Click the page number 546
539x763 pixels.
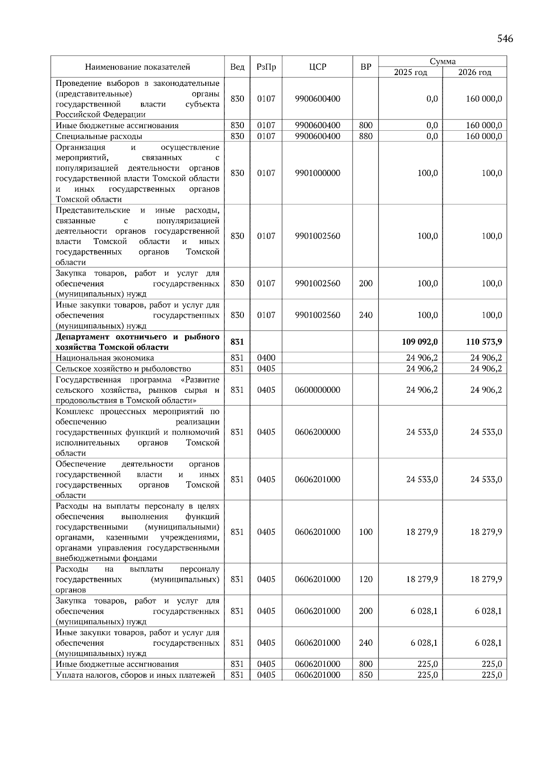505,39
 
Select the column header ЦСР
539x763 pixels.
318,67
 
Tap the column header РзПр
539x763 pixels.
266,67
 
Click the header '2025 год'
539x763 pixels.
411,72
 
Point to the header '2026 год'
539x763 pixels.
475,72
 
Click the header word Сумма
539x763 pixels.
442,62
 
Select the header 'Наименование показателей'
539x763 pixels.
137,67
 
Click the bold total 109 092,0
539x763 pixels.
420,342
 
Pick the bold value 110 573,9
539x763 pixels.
484,342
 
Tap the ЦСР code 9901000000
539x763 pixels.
318,173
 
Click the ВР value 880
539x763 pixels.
366,136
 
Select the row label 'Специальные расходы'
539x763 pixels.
99,136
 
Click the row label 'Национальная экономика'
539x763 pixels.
105,358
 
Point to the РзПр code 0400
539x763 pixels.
266,358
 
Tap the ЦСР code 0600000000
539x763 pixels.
318,390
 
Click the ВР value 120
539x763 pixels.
366,579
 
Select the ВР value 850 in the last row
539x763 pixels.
366,675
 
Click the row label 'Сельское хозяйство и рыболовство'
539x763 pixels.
123,369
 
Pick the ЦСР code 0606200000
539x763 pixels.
318,432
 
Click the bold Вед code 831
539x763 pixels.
237,342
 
